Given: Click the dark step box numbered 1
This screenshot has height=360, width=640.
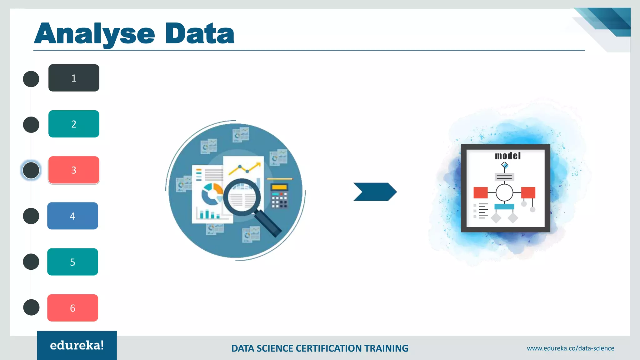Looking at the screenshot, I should pos(74,78).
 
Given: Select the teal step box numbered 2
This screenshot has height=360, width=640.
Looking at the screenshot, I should pos(74,124).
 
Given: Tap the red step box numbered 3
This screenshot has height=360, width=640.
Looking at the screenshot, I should pos(74,170).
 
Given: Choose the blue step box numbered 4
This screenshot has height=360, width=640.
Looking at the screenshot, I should pos(72,216).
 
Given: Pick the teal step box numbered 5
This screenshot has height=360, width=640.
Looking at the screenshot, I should pos(72,262).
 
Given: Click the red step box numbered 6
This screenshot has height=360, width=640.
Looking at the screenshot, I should pos(72,308).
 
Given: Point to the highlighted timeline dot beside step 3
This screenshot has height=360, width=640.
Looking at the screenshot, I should pos(31,170).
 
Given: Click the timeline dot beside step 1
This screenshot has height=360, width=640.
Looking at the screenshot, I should pos(31,79).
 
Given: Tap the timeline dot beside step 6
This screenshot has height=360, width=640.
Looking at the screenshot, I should pos(31,307).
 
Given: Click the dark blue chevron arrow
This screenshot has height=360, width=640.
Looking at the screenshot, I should pos(375,192).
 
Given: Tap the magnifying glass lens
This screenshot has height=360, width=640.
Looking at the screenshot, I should pos(242,197).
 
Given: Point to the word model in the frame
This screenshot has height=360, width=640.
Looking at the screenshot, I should pos(507,156).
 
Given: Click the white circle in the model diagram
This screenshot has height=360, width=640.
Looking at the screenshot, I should pos(504,192).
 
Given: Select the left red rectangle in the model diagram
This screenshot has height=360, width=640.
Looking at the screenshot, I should pos(480,192).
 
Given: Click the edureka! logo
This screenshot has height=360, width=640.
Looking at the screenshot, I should pos(77,345).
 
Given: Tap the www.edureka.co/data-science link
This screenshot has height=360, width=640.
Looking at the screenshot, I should pos(570,348).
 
